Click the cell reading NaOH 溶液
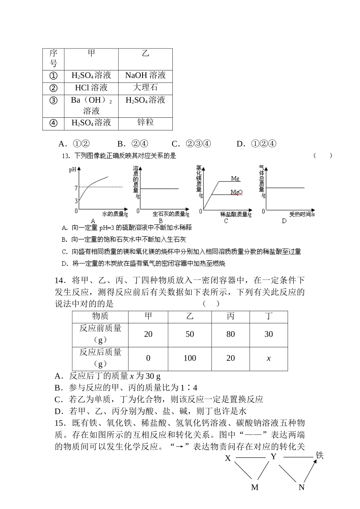pos(146,75)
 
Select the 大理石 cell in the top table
pos(146,87)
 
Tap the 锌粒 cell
pos(146,122)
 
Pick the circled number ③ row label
pos(53,100)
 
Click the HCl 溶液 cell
pos(91,87)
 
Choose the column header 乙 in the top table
pos(146,53)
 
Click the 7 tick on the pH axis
pos(76,188)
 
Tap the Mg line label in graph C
pos(235,178)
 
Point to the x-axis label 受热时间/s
pos(302,214)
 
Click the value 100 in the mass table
pos(189,358)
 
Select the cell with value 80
pos(230,334)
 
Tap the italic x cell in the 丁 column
pos(269,358)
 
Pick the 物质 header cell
pos(100,316)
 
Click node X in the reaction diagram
pos(228,458)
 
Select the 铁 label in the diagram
pos(320,455)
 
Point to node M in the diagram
pos(255,487)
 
